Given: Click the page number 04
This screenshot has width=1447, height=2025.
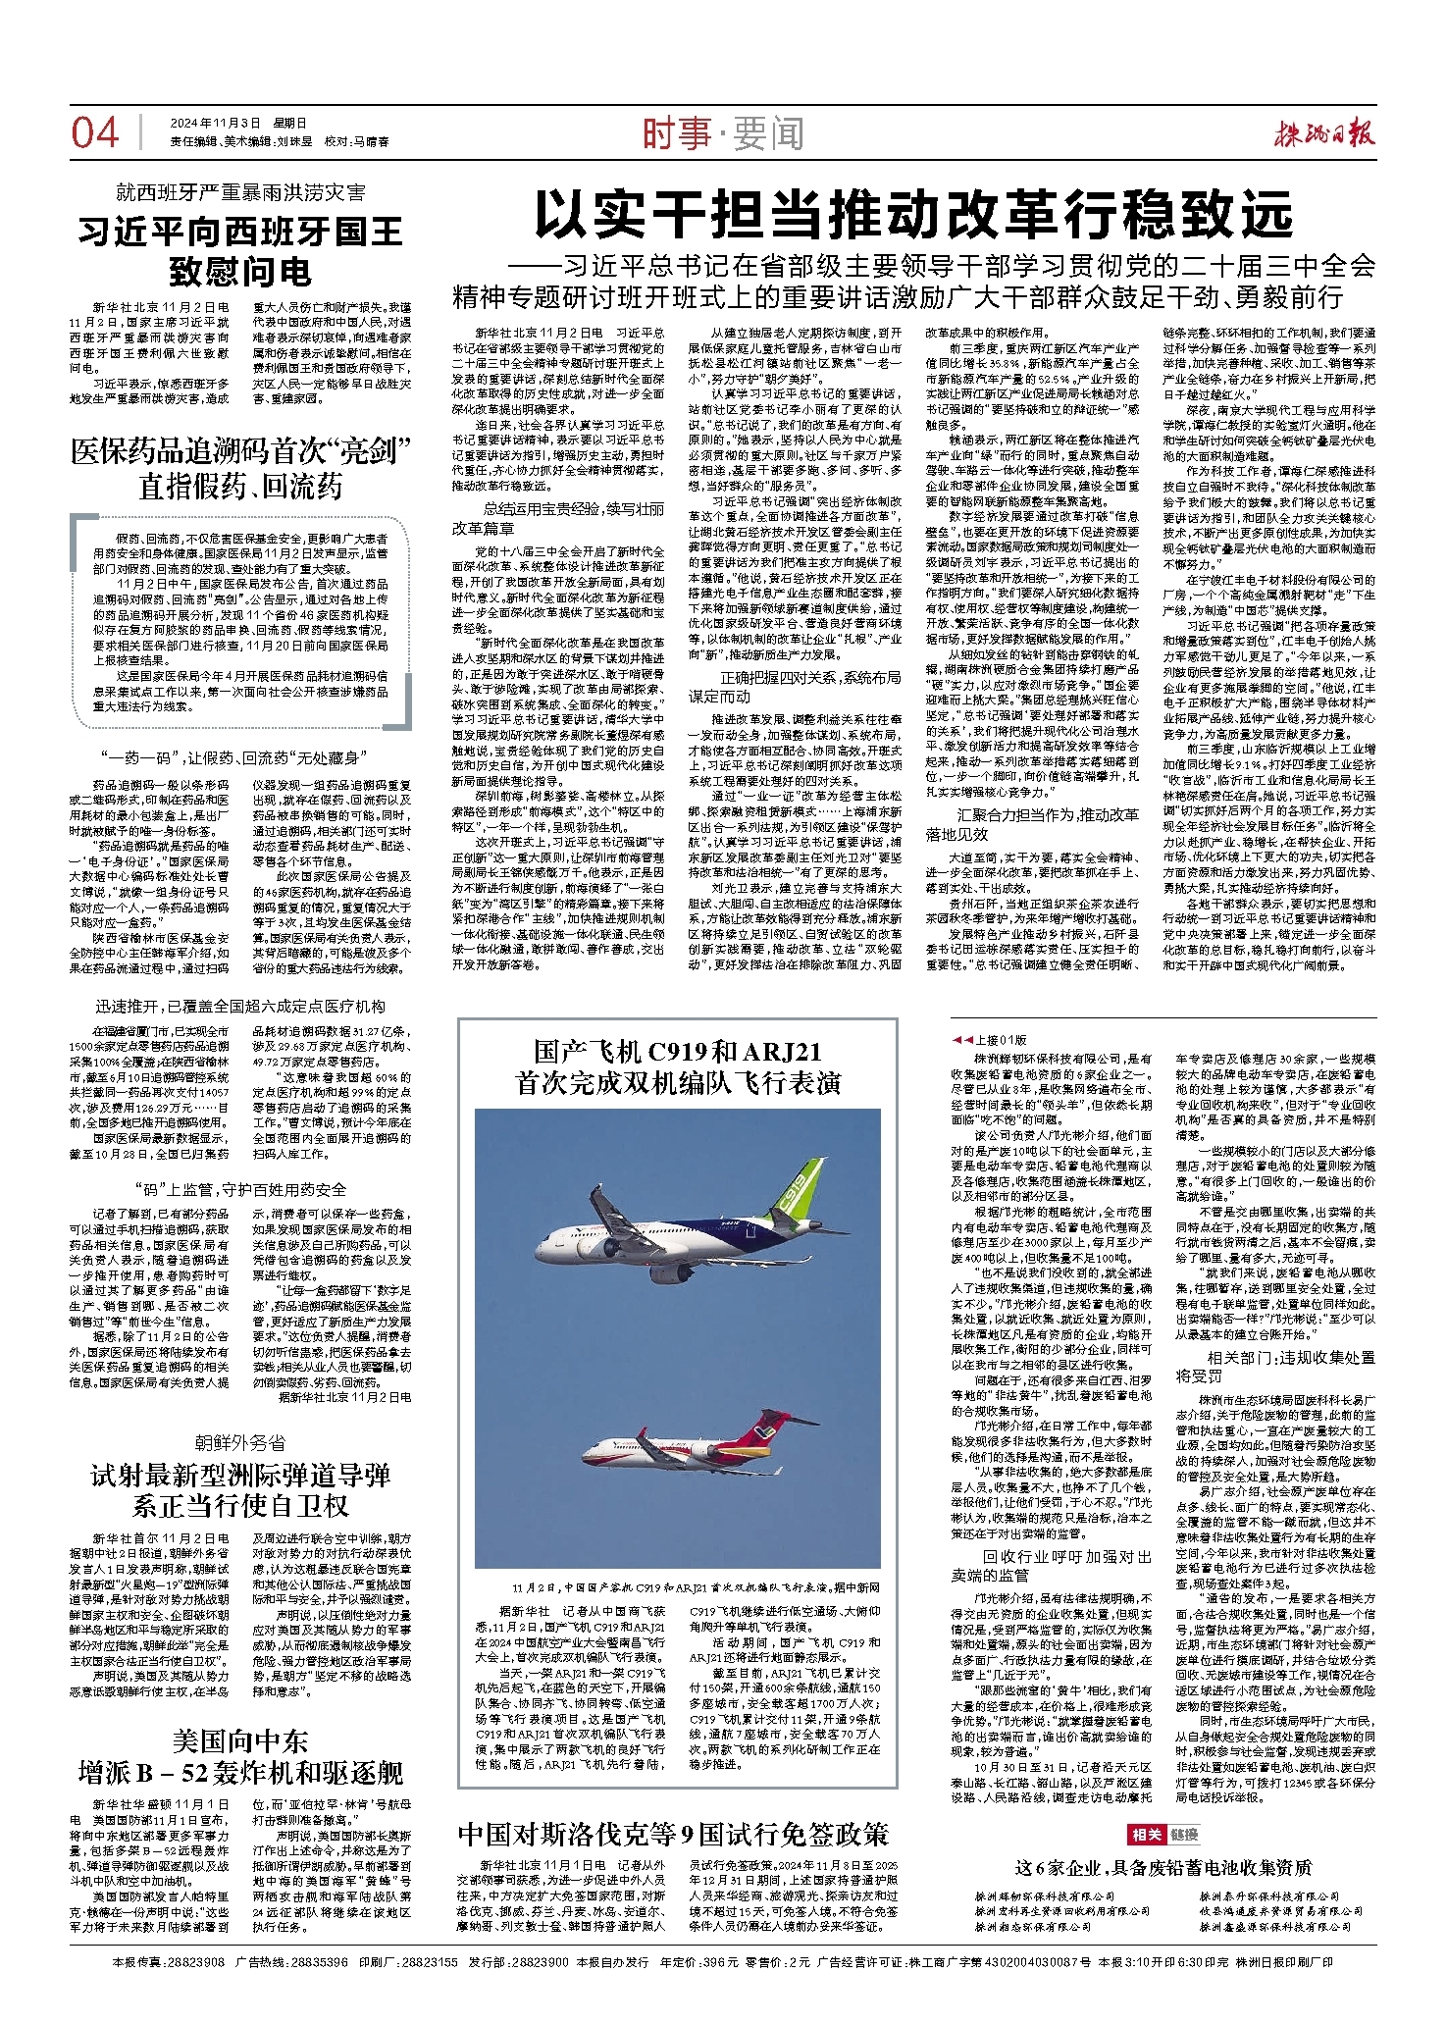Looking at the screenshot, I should [x=95, y=132].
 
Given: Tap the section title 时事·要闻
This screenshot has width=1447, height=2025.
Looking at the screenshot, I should [x=722, y=133].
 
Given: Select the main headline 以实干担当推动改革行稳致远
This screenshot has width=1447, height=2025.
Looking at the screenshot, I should [x=913, y=217].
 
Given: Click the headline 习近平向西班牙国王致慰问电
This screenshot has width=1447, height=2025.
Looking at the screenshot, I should [x=240, y=251].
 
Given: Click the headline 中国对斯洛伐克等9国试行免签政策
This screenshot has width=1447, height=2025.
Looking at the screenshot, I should [x=674, y=1834].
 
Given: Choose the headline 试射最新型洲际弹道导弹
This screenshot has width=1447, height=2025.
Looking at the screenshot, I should [x=240, y=1476].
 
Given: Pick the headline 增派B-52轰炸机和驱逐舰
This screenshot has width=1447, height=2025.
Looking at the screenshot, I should [x=240, y=1773].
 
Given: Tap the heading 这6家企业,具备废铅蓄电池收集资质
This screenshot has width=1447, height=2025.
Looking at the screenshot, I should [x=1163, y=1867].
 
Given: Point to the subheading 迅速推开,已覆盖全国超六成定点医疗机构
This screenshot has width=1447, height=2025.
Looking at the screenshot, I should [x=240, y=1007].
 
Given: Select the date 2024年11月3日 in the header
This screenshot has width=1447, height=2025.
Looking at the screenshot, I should [x=215, y=124].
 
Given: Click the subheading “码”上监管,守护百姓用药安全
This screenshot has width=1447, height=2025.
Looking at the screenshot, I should [x=240, y=1189].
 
